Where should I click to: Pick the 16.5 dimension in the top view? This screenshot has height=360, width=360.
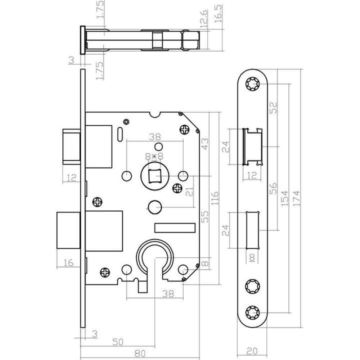point(218,14)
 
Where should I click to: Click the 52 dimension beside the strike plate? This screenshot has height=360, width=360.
point(275,107)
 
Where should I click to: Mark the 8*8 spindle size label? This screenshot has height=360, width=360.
point(154,156)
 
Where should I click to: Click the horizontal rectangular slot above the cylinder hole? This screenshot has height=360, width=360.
point(175,227)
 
